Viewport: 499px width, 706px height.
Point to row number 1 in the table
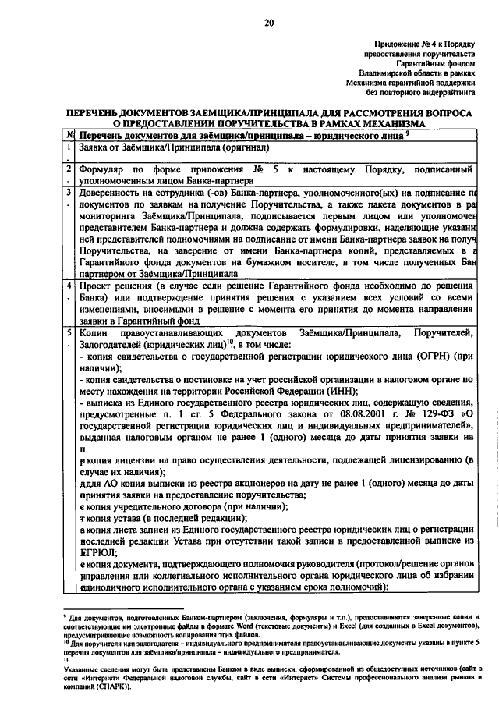69,146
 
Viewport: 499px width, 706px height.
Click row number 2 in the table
69,169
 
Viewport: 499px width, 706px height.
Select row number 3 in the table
69,192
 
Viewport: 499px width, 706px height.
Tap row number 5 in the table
69,333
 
